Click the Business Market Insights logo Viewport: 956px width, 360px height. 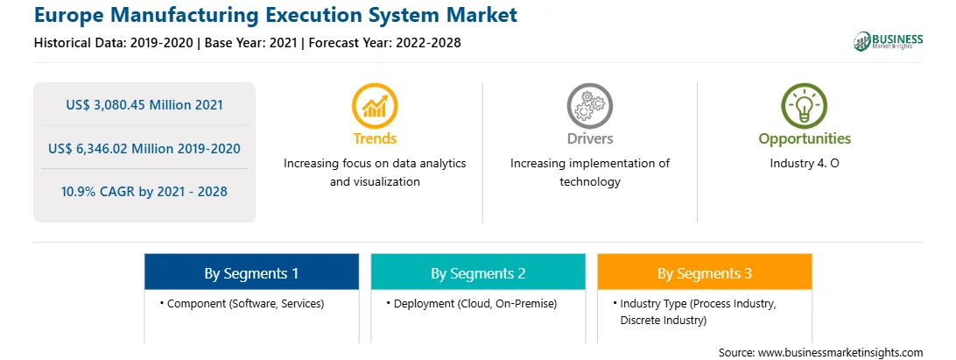pos(888,41)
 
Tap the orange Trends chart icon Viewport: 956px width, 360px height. pos(375,106)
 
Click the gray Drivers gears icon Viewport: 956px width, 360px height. pos(589,106)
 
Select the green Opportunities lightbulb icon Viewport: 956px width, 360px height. pos(805,106)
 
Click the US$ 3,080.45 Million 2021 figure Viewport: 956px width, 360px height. pos(144,105)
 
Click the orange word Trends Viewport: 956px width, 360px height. pos(375,138)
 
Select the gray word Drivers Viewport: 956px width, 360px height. pos(590,138)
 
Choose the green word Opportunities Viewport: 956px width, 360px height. pos(805,138)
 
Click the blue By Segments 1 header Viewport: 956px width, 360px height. pos(252,273)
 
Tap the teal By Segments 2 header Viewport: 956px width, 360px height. pos(478,273)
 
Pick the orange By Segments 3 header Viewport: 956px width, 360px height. pos(705,273)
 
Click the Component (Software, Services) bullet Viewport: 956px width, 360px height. pos(242,303)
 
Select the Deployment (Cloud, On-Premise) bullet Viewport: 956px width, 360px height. pos(471,303)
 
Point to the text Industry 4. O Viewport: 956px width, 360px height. pos(805,164)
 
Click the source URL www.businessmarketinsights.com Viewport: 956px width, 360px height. pos(840,353)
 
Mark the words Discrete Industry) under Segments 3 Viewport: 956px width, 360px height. pos(664,321)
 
